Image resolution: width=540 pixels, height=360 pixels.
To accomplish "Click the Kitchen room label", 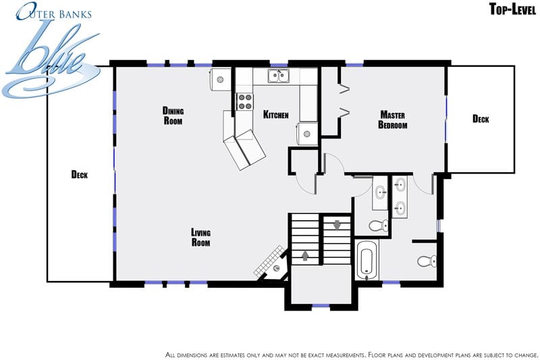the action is point(275,114).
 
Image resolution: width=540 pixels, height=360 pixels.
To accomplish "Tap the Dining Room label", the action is point(173,115).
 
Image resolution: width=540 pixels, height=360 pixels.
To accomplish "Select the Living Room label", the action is point(200,237).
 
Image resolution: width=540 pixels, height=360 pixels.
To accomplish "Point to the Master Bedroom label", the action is point(393,120).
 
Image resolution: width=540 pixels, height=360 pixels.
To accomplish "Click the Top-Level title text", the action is point(512,9).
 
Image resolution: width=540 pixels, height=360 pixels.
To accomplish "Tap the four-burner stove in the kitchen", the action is point(245,101).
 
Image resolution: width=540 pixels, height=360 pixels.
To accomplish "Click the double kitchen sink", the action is point(279,76).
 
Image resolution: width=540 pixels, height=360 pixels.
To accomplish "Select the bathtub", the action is point(367,261).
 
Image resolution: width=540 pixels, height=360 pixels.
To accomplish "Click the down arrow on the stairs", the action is point(337,226).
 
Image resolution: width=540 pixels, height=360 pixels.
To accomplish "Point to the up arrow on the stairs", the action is point(305,255).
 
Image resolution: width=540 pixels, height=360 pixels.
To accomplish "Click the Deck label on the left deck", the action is point(79,175).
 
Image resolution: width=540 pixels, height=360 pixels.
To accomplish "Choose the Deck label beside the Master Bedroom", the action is point(481,119).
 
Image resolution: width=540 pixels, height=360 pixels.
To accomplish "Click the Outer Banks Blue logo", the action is point(52,50).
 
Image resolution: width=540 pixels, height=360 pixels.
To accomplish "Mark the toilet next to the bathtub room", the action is point(427,261).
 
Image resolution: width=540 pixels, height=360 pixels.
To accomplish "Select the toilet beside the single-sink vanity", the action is point(379,226).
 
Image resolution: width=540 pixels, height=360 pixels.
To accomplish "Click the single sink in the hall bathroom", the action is point(380,192).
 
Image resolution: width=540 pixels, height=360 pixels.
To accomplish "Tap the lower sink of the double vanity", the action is point(400,209).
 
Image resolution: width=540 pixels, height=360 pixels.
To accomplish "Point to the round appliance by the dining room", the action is point(220,80).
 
